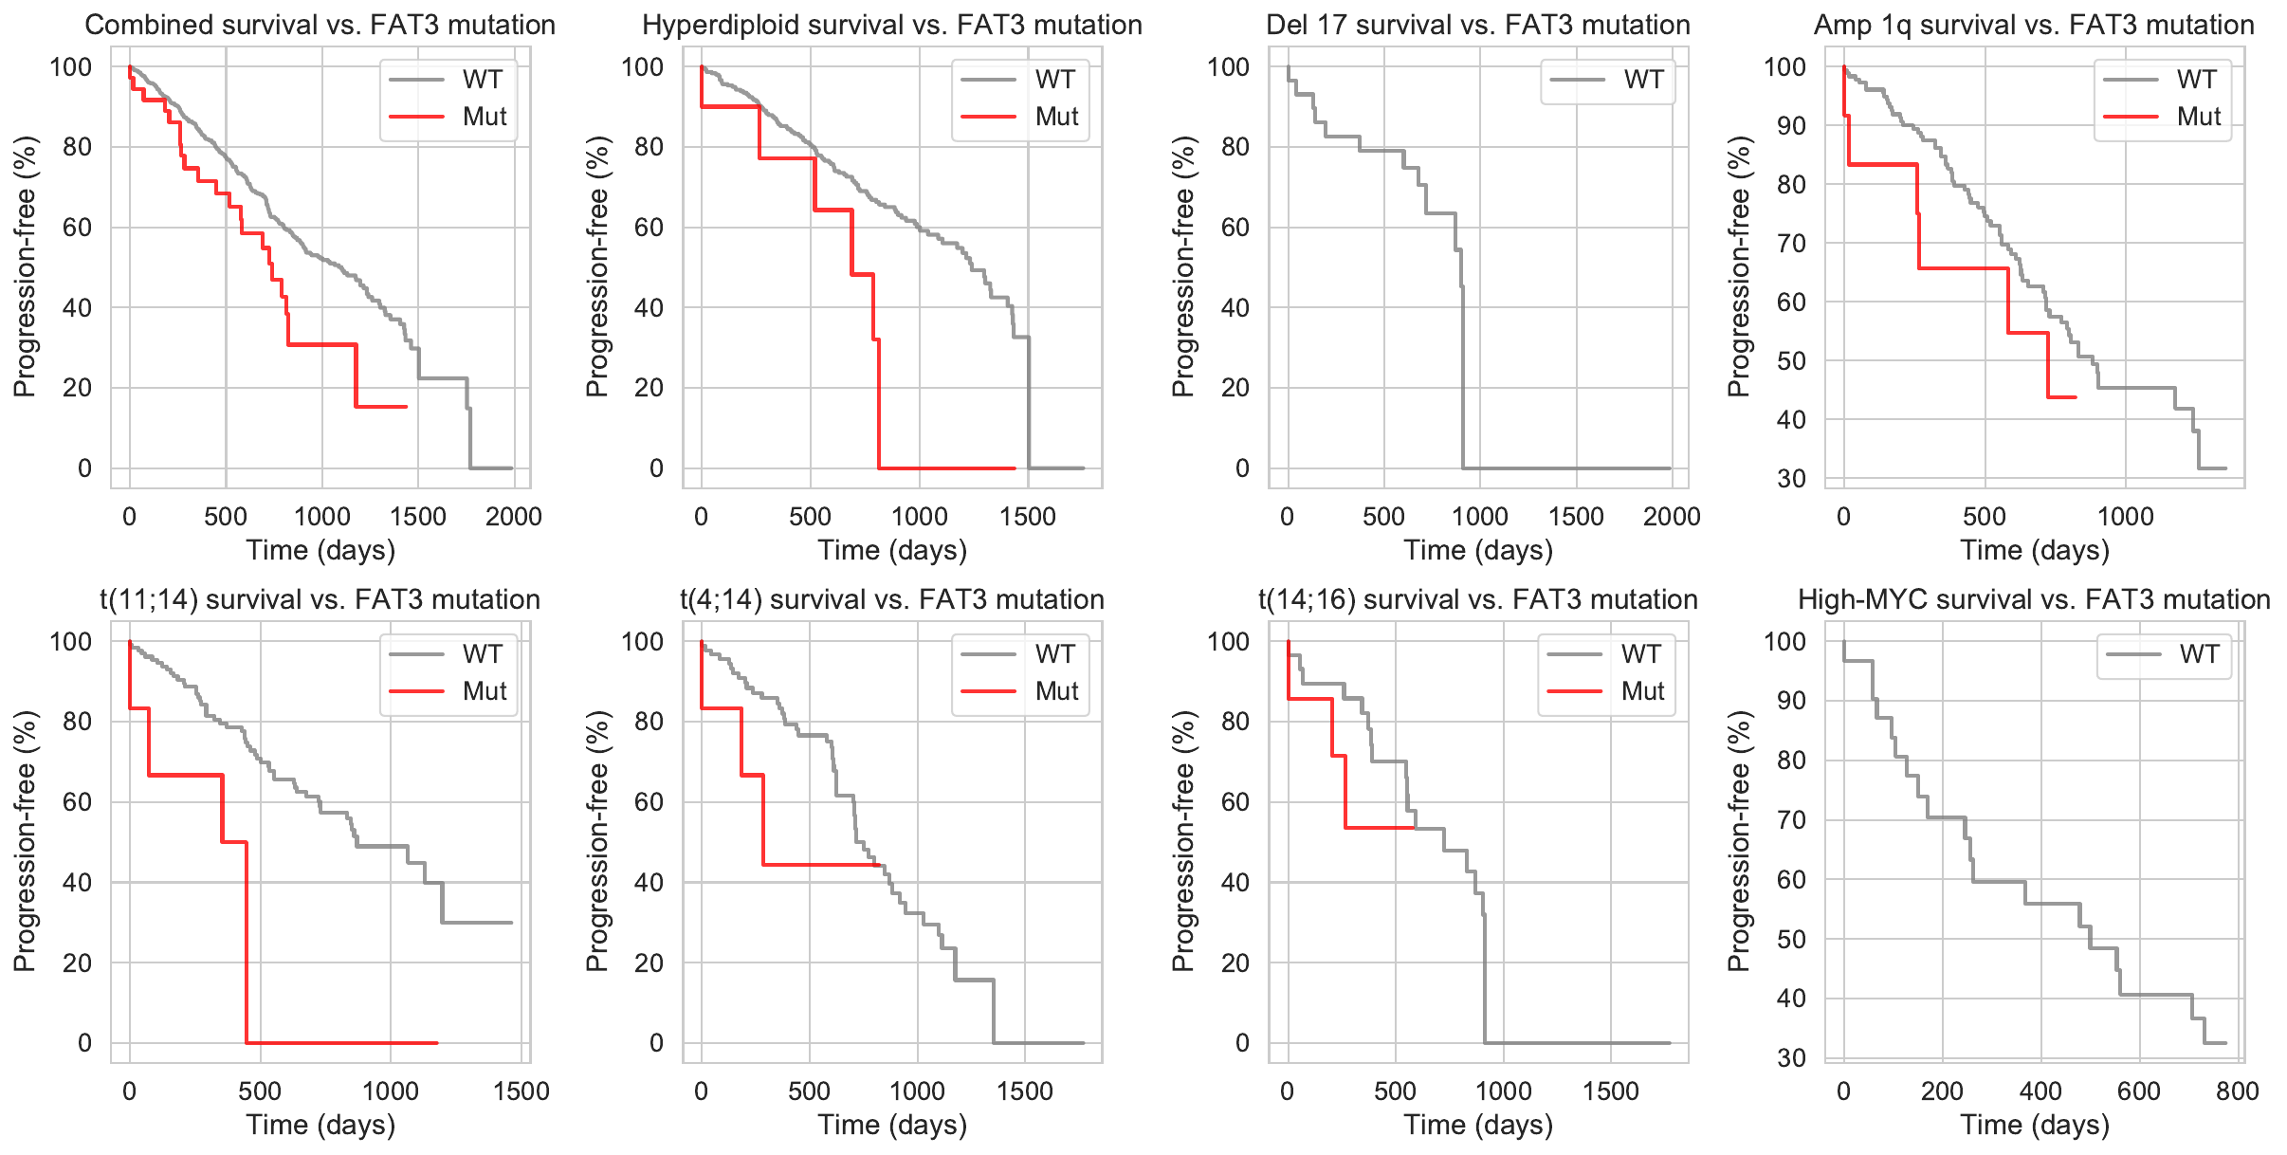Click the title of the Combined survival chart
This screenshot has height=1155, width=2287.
coord(320,25)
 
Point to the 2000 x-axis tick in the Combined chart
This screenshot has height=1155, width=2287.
coord(514,517)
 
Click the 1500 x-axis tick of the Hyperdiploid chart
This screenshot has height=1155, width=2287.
coord(1028,517)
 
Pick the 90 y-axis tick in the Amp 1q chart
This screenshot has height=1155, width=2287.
coord(1791,126)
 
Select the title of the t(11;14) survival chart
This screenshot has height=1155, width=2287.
coord(320,599)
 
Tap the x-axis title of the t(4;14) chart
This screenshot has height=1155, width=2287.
coord(892,1125)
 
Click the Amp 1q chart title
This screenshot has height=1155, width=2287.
coord(2034,25)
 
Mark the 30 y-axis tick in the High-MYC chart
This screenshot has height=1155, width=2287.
coord(1791,1057)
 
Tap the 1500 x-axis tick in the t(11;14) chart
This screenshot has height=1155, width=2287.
coord(521,1091)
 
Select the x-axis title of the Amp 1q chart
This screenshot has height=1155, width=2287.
coord(2035,550)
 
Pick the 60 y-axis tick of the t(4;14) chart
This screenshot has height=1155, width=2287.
coord(649,802)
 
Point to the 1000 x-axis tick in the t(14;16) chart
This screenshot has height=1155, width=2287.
coord(1503,1091)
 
